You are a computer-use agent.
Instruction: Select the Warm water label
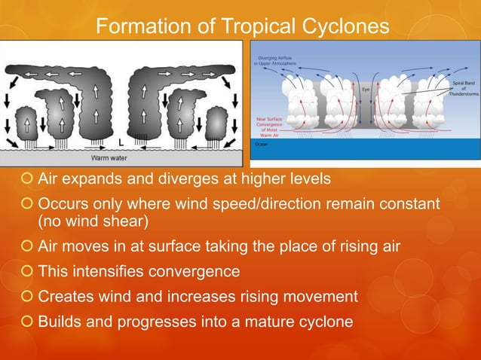tap(110, 158)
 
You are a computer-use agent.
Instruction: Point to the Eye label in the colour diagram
tap(366, 90)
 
